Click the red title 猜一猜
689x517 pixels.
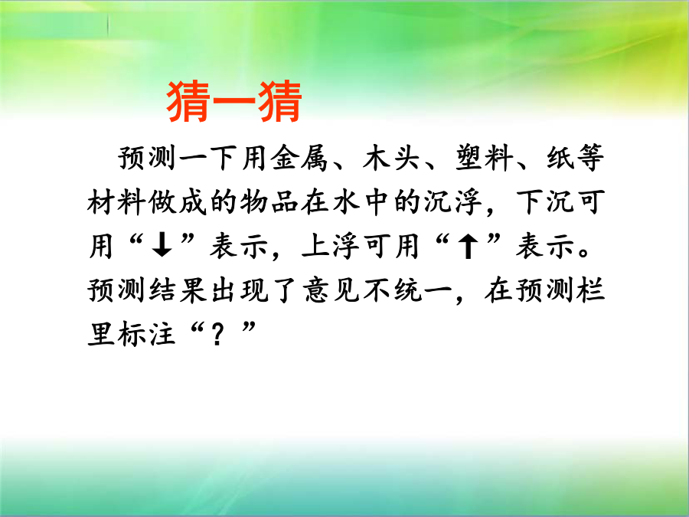click(234, 102)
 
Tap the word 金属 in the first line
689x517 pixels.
click(299, 158)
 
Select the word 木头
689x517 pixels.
click(391, 158)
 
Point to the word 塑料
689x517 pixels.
click(483, 158)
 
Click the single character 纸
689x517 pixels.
click(560, 158)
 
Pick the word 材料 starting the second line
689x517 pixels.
click(116, 202)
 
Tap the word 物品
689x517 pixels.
click(269, 202)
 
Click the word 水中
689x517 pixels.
click(361, 202)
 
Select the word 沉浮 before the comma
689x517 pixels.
click(452, 202)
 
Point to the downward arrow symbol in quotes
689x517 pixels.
click(162, 246)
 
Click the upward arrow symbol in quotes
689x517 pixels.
click(468, 246)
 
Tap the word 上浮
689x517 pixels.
click(330, 246)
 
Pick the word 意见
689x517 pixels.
click(331, 290)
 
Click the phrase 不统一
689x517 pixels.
click(407, 290)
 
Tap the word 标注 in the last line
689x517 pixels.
click(147, 334)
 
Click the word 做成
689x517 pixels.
click(178, 202)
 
